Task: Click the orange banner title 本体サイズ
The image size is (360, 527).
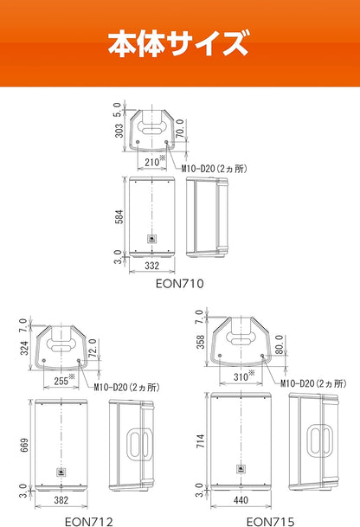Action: [178, 43]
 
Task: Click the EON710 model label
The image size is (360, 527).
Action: [179, 284]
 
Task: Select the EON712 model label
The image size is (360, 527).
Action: [89, 522]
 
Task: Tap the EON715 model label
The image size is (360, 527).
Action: [270, 522]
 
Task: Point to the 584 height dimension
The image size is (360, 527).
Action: [119, 216]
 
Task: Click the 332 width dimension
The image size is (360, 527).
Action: [151, 266]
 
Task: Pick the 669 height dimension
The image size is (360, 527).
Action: [24, 445]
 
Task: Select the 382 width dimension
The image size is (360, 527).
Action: [61, 500]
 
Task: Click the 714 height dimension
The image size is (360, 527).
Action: [200, 440]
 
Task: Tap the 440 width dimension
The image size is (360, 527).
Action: [241, 500]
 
